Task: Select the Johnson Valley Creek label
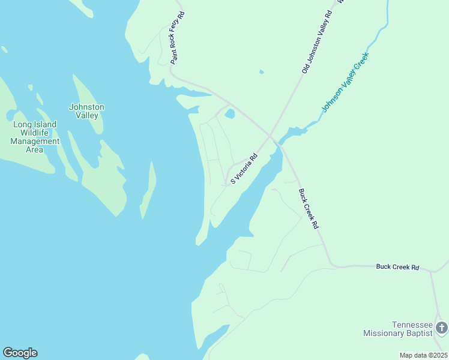coord(345,82)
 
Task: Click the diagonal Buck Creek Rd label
coord(308,209)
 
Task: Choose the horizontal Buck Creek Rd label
coord(397,266)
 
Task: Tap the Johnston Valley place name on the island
coord(86,111)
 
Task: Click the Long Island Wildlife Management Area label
coord(35,137)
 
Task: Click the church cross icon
coord(442,328)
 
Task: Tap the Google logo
coord(20,353)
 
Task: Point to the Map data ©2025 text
coord(423,355)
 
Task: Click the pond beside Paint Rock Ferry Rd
coord(229,113)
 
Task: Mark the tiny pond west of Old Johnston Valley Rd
coord(261,73)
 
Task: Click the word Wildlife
coord(35,133)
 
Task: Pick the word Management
coord(35,142)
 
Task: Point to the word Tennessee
coord(412,324)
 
